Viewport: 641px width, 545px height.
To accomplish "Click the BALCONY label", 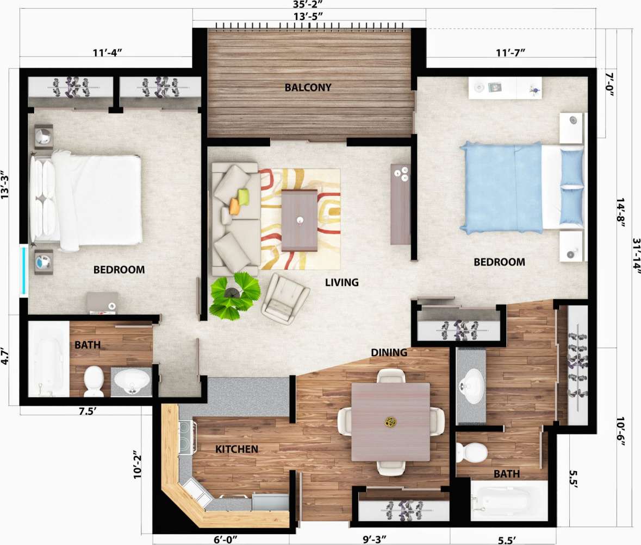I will pos(308,87).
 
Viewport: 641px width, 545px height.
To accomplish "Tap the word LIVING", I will pos(342,282).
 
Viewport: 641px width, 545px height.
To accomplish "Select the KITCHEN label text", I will pos(237,449).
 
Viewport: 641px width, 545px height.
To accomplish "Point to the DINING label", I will pos(389,353).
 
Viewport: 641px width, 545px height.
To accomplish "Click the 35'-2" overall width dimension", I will pos(308,5).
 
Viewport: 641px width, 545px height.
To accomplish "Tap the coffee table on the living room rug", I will pos(299,220).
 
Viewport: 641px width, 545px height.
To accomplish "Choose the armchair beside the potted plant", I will pos(285,299).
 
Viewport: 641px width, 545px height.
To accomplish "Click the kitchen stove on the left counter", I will pos(186,438).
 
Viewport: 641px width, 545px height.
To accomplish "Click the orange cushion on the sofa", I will pos(234,206).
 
